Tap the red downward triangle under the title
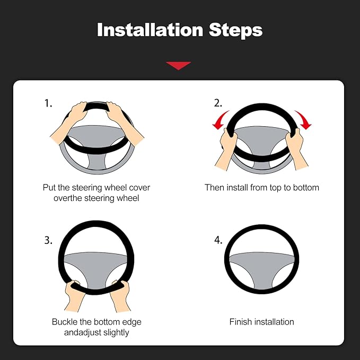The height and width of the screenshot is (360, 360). (x=178, y=65)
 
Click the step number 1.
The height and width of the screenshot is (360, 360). (x=48, y=104)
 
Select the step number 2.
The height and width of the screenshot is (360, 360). (x=218, y=103)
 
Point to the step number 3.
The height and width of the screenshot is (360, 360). (x=48, y=240)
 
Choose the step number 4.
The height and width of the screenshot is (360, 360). (x=218, y=240)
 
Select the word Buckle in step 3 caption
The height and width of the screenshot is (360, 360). (x=65, y=322)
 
